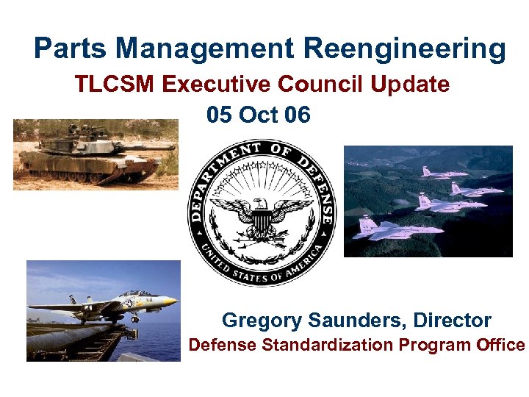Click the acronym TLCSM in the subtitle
click(115, 85)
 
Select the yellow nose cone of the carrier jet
click(168, 301)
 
